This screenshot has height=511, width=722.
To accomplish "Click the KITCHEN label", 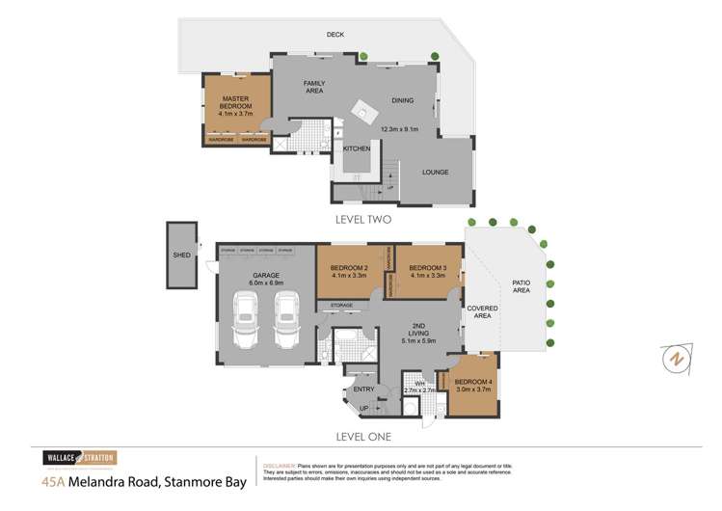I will [x=357, y=148].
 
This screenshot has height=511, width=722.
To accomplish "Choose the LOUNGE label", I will [x=437, y=172].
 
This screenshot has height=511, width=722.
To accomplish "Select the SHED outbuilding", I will [x=180, y=255].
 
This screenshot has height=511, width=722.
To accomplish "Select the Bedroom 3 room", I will [x=424, y=272].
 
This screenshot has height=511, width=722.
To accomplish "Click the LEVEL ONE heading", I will [x=358, y=436].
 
